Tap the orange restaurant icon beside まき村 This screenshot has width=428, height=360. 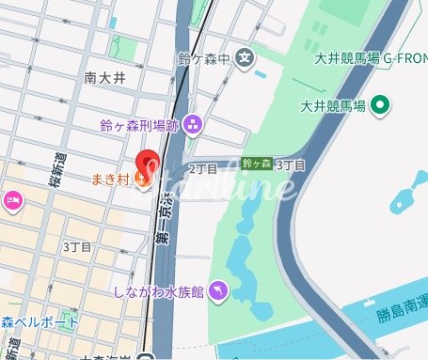click(142, 177)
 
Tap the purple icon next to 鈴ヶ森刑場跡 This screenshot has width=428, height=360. click(193, 122)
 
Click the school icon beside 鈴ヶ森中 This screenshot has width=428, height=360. click(245, 58)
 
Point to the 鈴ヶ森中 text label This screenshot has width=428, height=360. click(204, 59)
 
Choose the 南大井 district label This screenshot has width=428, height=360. click(103, 78)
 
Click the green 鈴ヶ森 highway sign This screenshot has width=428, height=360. click(256, 164)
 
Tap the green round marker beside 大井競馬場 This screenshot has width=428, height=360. click(380, 104)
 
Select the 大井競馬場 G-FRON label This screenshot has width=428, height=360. click(371, 58)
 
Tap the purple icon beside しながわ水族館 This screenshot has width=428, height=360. click(218, 291)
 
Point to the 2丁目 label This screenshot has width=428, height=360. click(202, 168)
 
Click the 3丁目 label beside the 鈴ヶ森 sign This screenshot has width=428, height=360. click(291, 164)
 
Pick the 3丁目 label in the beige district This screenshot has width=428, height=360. click(77, 246)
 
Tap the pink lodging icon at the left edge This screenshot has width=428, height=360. click(13, 198)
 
